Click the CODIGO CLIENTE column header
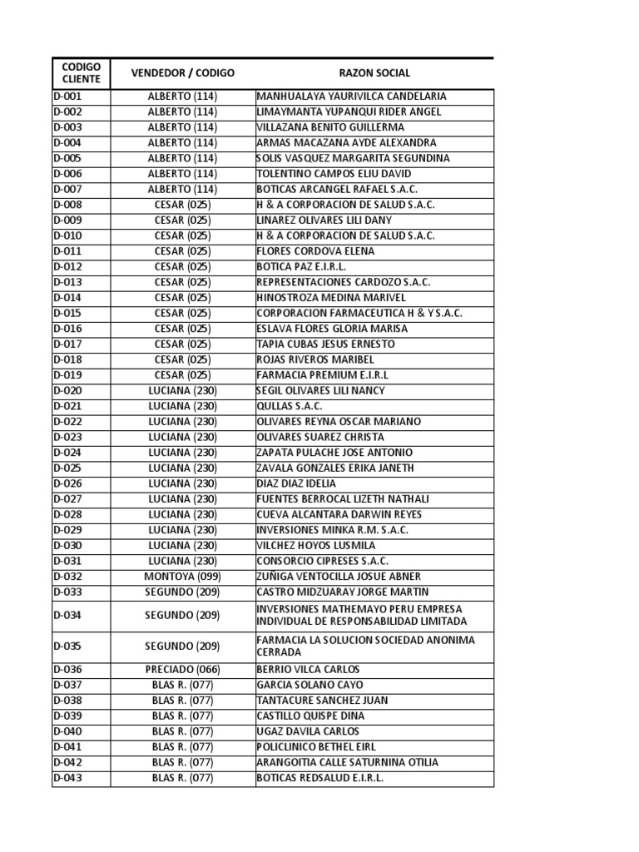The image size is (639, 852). point(81,73)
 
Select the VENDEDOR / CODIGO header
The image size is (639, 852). point(183,73)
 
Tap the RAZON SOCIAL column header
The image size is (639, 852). point(374,73)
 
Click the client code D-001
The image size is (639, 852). point(68,97)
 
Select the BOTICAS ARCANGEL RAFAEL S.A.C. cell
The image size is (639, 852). point(338,190)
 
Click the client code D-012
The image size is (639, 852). point(68,267)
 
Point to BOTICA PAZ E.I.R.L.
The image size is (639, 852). point(302,267)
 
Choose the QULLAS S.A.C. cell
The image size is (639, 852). point(290,406)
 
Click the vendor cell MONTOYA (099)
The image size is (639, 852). point(182,577)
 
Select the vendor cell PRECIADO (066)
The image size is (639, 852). point(182,670)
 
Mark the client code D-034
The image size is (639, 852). point(68,616)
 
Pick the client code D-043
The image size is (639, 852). point(68,778)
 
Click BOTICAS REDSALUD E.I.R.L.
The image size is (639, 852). point(320,778)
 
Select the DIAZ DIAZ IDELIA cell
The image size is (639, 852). point(297,483)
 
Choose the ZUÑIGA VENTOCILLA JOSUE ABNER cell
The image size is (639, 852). point(339,577)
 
